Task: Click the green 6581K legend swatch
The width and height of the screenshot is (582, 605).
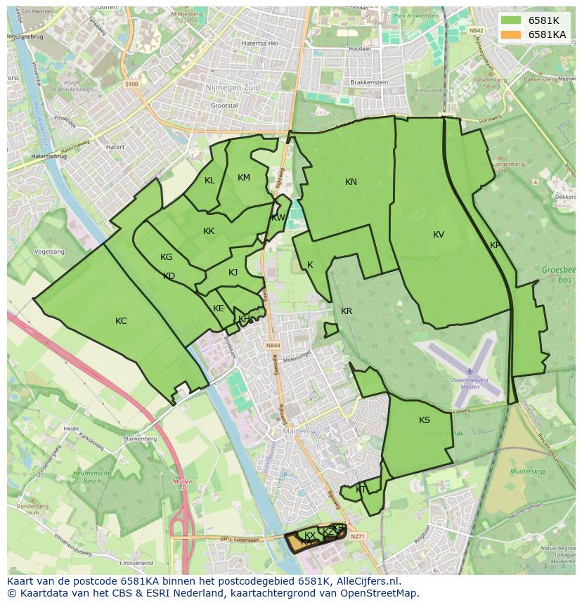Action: pos(511,20)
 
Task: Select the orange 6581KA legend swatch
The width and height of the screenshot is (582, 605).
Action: pos(511,34)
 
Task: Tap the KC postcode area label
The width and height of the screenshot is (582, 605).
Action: pos(121,321)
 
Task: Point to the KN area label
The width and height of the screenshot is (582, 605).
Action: pos(351,182)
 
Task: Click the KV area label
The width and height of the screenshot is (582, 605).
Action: pos(439,235)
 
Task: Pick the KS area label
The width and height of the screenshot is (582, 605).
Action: pos(425,420)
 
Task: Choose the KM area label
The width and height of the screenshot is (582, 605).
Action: pos(244,178)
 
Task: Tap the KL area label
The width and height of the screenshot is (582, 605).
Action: pos(209,181)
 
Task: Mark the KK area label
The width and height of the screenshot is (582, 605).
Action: pos(209,231)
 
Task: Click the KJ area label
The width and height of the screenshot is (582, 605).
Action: pos(233,273)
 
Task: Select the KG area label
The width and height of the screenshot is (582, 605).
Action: pos(166,257)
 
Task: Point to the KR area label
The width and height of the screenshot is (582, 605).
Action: pos(347,311)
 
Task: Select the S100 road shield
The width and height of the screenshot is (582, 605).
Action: pos(132,84)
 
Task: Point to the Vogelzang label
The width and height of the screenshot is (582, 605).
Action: pos(49,252)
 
